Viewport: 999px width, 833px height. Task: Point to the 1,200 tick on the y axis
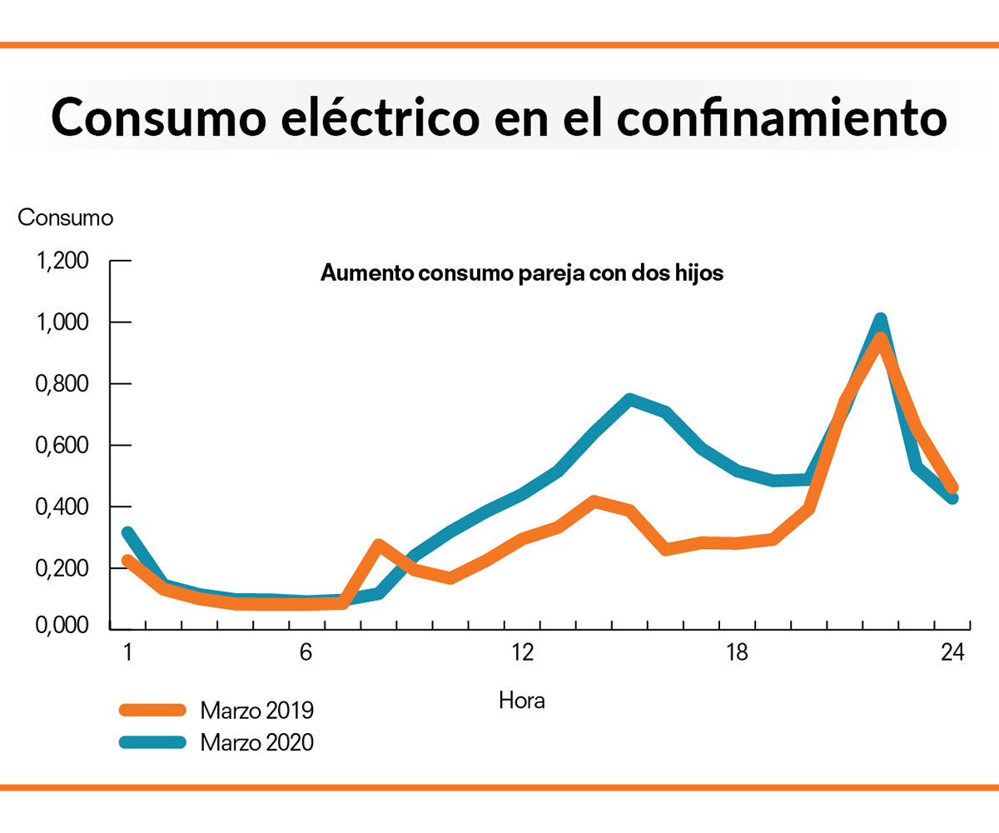click(x=63, y=262)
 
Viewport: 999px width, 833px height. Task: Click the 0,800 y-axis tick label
click(x=63, y=384)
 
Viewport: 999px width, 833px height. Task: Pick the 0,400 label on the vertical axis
click(x=63, y=506)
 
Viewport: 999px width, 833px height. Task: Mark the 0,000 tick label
click(x=63, y=626)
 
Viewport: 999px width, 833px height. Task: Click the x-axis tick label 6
click(x=306, y=653)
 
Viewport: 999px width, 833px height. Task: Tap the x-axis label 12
click(x=522, y=653)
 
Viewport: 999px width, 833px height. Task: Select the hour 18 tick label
click(x=737, y=653)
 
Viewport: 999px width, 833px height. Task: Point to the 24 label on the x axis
click(x=952, y=653)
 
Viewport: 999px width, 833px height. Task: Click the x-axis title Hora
click(x=522, y=700)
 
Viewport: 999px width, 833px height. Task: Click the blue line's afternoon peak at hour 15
click(x=630, y=399)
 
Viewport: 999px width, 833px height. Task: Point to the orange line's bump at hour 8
click(x=379, y=546)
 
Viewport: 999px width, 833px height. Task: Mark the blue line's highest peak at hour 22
click(x=881, y=319)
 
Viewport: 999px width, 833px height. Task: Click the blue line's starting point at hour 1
click(x=127, y=532)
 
